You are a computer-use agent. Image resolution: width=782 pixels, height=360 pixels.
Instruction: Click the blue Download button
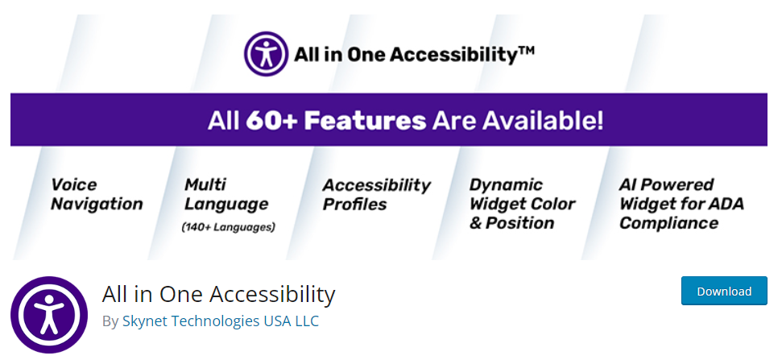pyautogui.click(x=724, y=291)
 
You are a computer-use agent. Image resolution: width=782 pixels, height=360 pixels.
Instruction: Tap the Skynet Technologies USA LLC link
pyautogui.click(x=221, y=321)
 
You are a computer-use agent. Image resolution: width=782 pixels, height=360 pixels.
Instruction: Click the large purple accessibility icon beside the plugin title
pyautogui.click(x=49, y=315)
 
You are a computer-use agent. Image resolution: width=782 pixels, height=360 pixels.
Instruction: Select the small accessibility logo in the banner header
pyautogui.click(x=266, y=54)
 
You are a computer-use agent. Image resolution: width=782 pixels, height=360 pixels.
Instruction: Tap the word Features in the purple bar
pyautogui.click(x=365, y=121)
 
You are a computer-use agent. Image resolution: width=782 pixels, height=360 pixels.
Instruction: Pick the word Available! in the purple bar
pyautogui.click(x=542, y=121)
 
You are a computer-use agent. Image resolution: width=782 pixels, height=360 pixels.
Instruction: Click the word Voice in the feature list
pyautogui.click(x=74, y=185)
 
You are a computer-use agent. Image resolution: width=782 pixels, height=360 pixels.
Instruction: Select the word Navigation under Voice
pyautogui.click(x=97, y=204)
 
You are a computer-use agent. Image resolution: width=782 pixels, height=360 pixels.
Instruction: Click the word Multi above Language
pyautogui.click(x=205, y=185)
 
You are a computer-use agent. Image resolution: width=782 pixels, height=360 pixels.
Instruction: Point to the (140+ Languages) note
pyautogui.click(x=229, y=227)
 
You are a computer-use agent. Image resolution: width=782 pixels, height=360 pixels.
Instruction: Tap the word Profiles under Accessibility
pyautogui.click(x=354, y=205)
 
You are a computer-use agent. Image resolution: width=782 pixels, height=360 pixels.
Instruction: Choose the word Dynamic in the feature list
pyautogui.click(x=506, y=185)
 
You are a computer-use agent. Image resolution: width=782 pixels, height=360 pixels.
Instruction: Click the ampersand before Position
pyautogui.click(x=475, y=223)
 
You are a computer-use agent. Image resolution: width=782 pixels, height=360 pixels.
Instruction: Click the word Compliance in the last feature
pyautogui.click(x=668, y=223)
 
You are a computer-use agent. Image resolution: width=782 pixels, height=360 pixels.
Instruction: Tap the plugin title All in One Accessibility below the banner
pyautogui.click(x=218, y=294)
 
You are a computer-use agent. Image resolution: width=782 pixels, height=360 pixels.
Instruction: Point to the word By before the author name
pyautogui.click(x=110, y=321)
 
